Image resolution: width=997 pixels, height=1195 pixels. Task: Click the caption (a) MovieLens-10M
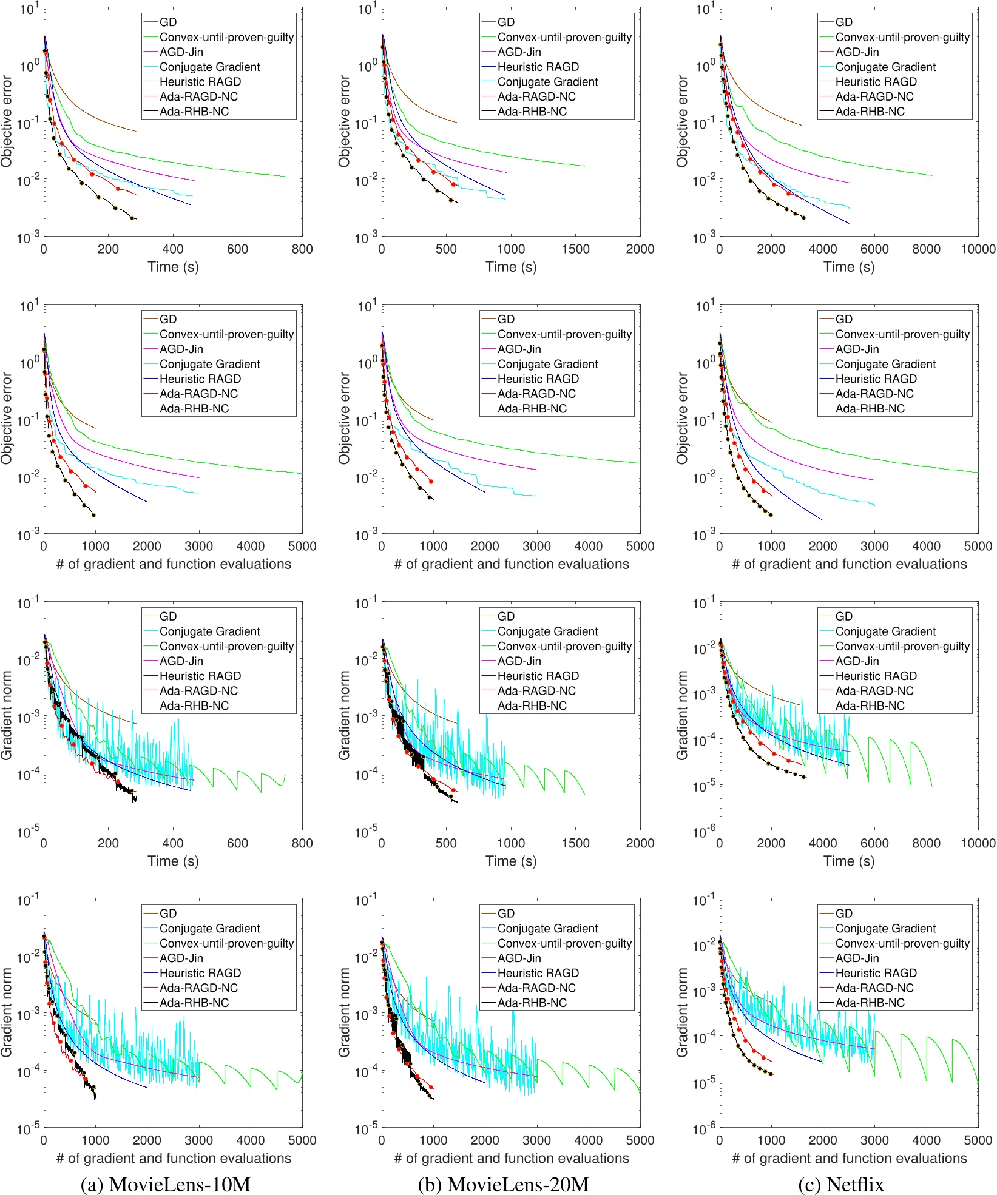(165, 1183)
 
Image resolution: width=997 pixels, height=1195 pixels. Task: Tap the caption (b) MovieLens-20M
(503, 1183)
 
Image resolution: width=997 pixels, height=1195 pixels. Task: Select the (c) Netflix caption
(841, 1183)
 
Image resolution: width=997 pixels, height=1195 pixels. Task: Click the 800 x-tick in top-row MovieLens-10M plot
(302, 249)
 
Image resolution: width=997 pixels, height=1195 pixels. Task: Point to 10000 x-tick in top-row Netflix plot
(978, 249)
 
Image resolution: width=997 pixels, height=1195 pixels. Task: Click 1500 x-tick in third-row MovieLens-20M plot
(575, 843)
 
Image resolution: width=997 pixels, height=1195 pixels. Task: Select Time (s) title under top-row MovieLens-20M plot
(511, 267)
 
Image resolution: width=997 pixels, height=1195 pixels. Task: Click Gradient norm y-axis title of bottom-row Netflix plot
(682, 1012)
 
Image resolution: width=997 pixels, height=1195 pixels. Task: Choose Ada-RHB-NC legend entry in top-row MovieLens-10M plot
(194, 112)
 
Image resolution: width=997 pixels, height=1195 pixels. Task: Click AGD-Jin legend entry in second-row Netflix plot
(857, 349)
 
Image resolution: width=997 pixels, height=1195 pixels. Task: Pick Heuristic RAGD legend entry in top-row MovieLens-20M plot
(538, 67)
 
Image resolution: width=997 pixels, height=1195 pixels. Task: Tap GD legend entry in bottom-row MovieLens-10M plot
(168, 914)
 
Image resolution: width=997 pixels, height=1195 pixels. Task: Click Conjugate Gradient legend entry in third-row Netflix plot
(885, 631)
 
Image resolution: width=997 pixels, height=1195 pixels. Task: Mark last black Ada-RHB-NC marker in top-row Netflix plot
(804, 217)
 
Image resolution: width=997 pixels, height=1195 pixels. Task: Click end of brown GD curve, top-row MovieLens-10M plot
(136, 131)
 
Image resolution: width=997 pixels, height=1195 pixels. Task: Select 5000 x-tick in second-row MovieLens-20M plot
(640, 546)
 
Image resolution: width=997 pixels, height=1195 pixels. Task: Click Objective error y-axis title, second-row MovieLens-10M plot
(7, 419)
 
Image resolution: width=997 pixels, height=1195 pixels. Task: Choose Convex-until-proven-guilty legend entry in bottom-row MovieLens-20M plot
(564, 943)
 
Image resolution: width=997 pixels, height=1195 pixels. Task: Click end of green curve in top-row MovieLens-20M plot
(584, 166)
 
